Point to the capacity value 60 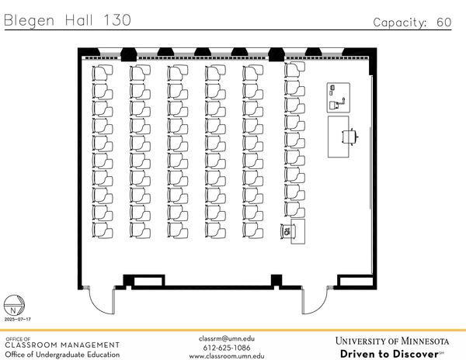click(x=443, y=22)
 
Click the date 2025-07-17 click(x=17, y=319)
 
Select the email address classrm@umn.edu click(x=227, y=338)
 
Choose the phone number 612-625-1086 click(x=227, y=347)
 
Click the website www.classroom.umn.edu click(x=227, y=355)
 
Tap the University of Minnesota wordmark click(x=392, y=341)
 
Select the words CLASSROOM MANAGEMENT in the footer click(x=62, y=345)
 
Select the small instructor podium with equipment click(x=336, y=96)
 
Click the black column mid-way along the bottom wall click(x=274, y=281)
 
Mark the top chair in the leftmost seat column click(x=101, y=71)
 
